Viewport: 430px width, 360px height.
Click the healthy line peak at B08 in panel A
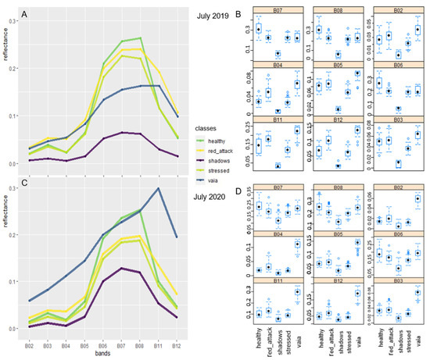point(141,37)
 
